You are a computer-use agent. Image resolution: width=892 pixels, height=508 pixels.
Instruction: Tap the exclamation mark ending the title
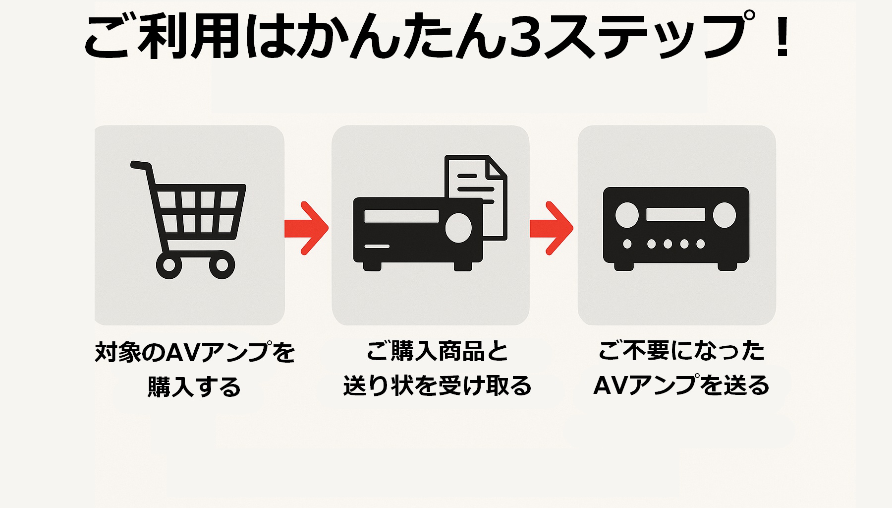pos(783,36)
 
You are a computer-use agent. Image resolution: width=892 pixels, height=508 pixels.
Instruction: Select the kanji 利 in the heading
pos(164,36)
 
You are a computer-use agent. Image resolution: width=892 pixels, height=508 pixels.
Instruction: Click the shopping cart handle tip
pos(134,164)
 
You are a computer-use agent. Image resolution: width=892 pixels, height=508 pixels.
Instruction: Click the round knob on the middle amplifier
pos(458,228)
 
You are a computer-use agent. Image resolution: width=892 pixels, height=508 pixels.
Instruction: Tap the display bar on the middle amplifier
pos(401,216)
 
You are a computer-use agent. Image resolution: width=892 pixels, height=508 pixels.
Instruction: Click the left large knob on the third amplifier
pos(627,215)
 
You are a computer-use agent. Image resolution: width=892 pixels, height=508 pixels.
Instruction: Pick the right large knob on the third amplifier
pos(725,215)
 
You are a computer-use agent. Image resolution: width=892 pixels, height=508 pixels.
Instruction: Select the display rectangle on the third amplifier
pos(675,214)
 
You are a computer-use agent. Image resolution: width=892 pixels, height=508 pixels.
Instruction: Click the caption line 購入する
pos(194,387)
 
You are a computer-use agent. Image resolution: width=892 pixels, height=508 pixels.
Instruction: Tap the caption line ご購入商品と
pos(437,351)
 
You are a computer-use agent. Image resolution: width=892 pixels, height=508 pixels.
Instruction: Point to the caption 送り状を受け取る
pos(437,386)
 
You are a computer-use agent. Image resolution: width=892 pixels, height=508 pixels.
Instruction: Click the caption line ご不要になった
pos(681,351)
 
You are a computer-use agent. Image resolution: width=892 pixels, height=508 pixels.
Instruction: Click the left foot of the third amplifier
pos(624,266)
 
